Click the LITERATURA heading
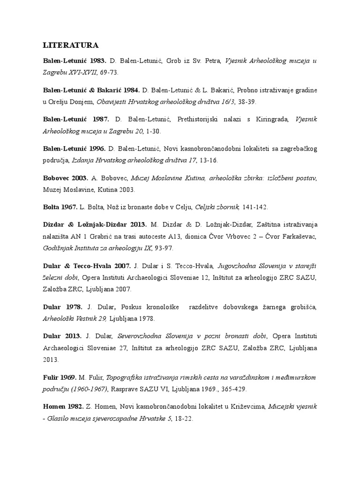point(70,45)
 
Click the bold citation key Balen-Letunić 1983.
point(75,61)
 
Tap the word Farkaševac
point(299,236)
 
